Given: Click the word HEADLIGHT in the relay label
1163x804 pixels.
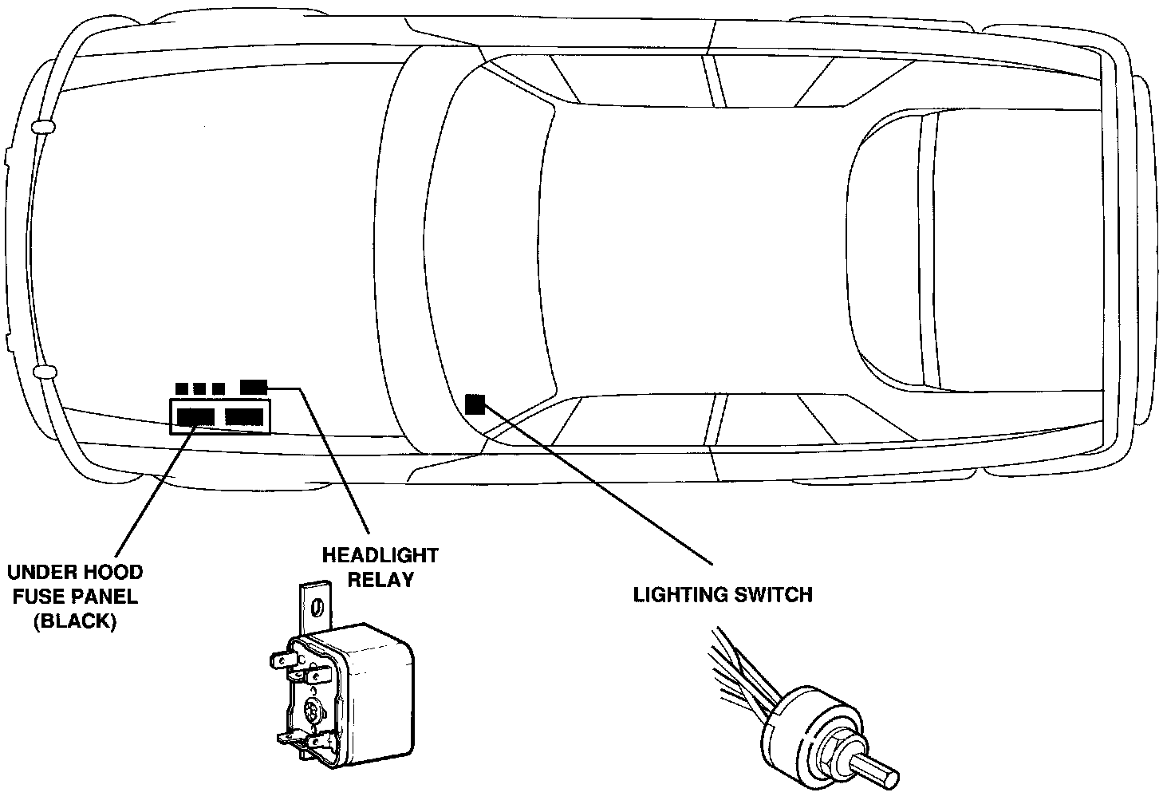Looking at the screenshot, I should tap(380, 554).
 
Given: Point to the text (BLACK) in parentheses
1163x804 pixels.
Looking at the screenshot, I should tap(75, 622).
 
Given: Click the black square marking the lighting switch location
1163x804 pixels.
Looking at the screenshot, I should tap(475, 404).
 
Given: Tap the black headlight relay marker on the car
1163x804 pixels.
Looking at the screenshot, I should tap(254, 387).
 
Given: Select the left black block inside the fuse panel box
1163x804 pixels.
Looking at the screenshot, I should tap(195, 416).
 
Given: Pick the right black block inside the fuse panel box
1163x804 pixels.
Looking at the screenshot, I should tap(244, 416).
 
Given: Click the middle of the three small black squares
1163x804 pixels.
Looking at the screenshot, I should tap(199, 388).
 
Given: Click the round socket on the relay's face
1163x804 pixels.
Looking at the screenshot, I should tap(313, 709).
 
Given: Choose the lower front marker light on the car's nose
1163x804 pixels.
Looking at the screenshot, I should tap(44, 372).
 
